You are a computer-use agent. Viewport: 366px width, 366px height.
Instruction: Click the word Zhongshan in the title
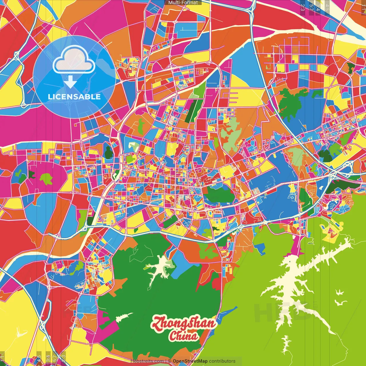183,323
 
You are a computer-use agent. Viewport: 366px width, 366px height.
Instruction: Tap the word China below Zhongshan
184,336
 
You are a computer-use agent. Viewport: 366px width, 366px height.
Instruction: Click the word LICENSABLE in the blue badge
74,97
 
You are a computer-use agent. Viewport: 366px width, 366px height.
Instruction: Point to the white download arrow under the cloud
70,82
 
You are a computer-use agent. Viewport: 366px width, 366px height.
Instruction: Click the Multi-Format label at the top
183,3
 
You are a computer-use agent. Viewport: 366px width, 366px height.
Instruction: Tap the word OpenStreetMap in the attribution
190,361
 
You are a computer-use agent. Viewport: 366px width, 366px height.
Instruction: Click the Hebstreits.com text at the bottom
147,361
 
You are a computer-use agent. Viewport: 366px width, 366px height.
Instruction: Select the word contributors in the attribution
222,361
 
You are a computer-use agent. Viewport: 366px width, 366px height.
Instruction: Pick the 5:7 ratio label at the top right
311,7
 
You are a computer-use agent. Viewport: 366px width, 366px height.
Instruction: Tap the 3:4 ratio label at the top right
318,7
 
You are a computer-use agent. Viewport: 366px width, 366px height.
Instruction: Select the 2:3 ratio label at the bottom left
63,358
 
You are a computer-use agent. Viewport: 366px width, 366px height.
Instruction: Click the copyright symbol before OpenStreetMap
169,361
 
